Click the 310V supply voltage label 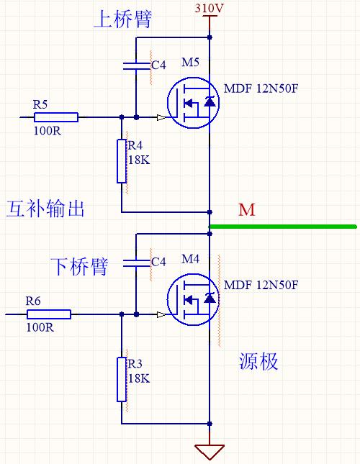[209, 8]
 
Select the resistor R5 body [56, 117]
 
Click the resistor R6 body [49, 314]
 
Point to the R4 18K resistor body [122, 161]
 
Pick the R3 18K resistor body [122, 379]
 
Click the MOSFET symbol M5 [193, 103]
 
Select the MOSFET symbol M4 [193, 299]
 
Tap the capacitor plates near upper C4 [137, 66]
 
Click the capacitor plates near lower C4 [137, 263]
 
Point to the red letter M [247, 210]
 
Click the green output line [283, 227]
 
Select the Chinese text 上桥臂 [122, 19]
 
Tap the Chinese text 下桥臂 [79, 266]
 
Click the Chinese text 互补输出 [45, 209]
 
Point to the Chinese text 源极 [258, 361]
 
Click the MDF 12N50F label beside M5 [261, 88]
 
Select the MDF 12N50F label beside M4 [261, 285]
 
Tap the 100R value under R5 [48, 130]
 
